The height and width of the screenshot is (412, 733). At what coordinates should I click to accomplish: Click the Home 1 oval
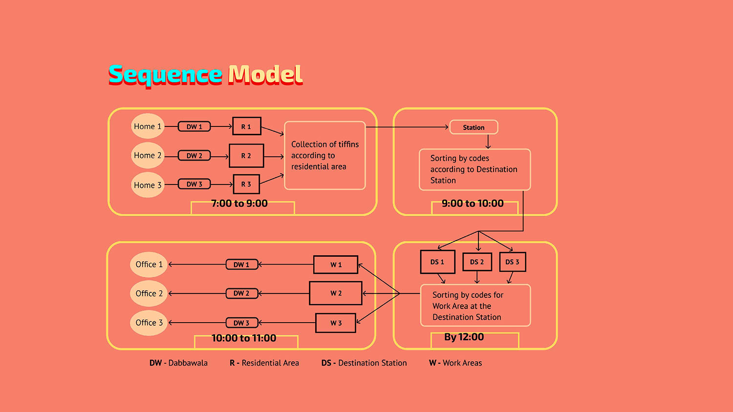[148, 126]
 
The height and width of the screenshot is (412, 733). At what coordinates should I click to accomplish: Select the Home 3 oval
[148, 185]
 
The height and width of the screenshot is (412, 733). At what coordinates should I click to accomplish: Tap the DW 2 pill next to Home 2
[194, 156]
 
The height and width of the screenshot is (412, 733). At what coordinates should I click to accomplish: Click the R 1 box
[247, 126]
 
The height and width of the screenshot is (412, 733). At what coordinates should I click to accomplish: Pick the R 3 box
[246, 184]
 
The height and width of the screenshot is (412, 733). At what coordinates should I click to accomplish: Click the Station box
[474, 127]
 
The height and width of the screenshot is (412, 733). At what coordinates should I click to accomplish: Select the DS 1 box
[437, 262]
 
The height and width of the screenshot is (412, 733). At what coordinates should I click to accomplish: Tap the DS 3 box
[513, 262]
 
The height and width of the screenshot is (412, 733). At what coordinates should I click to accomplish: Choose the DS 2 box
[477, 262]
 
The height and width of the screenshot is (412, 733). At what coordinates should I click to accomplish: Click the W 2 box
[336, 293]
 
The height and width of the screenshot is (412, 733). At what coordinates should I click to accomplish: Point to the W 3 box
[336, 323]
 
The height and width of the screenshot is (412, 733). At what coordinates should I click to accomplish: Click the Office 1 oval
[149, 265]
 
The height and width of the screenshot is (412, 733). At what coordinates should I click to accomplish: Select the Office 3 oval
[149, 323]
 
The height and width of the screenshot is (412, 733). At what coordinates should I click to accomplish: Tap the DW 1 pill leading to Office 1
[242, 265]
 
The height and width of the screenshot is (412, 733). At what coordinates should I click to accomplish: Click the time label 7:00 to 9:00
[239, 204]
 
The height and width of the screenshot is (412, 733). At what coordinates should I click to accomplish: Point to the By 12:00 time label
[464, 337]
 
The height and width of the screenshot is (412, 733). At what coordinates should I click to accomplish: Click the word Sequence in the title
[166, 75]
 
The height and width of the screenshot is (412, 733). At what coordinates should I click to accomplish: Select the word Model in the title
[265, 75]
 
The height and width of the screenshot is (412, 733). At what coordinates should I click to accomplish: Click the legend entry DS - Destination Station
[364, 363]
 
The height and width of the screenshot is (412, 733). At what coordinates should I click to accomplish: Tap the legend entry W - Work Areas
[455, 363]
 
